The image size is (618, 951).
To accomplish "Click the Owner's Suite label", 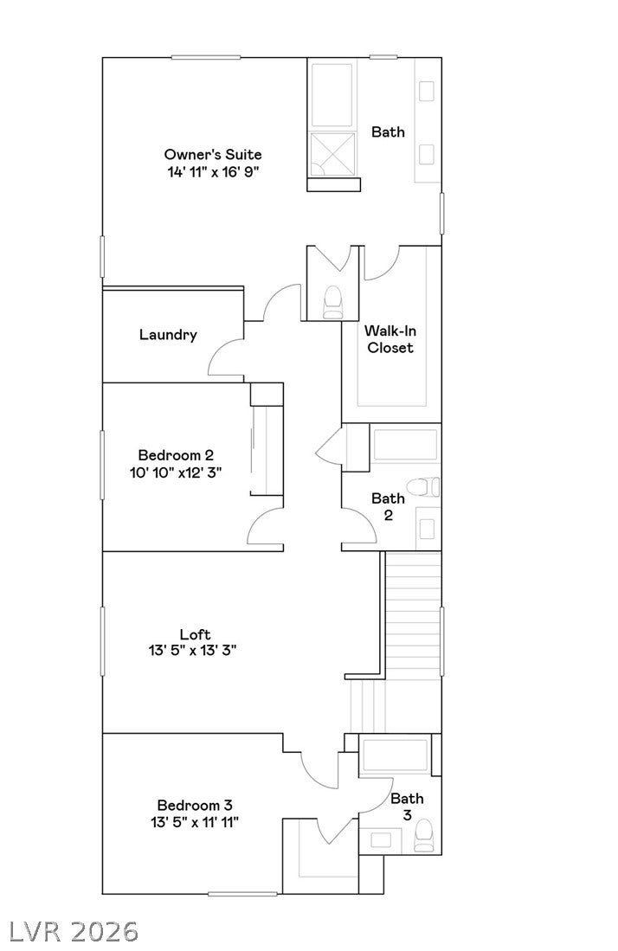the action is pyautogui.click(x=213, y=154).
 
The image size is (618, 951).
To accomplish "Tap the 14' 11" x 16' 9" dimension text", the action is pyautogui.click(x=213, y=171).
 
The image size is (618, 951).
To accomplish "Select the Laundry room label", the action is pyautogui.click(x=168, y=335).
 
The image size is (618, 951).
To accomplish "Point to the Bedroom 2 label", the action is pyautogui.click(x=176, y=455).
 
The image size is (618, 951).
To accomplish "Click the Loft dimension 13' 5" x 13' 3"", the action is pyautogui.click(x=192, y=651).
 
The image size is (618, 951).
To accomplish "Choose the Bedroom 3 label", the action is pyautogui.click(x=195, y=806).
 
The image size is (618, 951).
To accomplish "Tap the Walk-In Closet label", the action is pyautogui.click(x=390, y=339).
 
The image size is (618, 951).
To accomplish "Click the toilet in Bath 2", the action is pyautogui.click(x=423, y=487).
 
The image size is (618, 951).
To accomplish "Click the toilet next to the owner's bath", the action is pyautogui.click(x=332, y=302).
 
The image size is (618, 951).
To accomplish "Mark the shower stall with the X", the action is pyautogui.click(x=332, y=155).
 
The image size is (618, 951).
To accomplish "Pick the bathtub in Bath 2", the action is pyautogui.click(x=404, y=445).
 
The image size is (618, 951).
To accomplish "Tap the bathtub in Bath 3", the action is pyautogui.click(x=396, y=755).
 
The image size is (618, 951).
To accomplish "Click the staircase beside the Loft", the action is pyautogui.click(x=413, y=614).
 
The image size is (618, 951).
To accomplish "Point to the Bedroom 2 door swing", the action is pyautogui.click(x=265, y=528).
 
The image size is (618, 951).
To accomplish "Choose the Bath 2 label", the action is pyautogui.click(x=388, y=506).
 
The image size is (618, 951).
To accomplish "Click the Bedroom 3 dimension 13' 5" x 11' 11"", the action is pyautogui.click(x=195, y=822).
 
